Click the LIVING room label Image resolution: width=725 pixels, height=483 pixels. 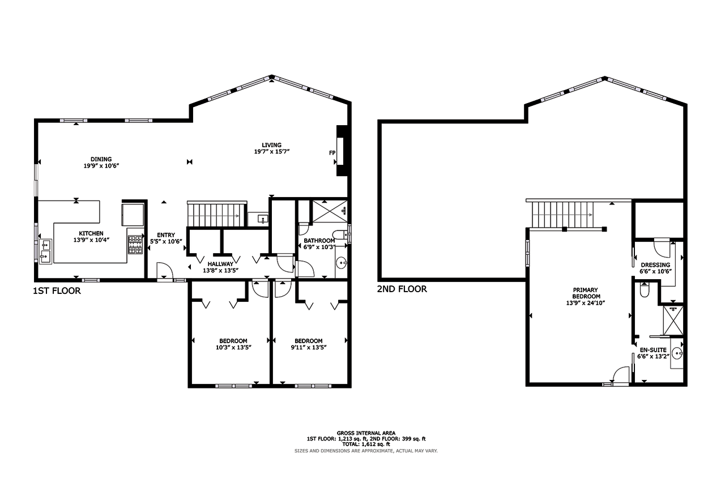click(271, 145)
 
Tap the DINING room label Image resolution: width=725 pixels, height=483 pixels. click(101, 159)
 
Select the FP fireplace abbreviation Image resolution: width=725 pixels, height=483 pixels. click(332, 153)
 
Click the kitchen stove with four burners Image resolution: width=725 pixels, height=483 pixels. click(135, 245)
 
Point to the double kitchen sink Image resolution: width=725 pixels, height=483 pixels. click(45, 251)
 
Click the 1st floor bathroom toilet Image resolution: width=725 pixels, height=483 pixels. click(340, 234)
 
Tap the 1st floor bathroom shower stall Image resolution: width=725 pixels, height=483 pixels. click(330, 211)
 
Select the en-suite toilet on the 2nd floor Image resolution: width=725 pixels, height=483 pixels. click(645, 290)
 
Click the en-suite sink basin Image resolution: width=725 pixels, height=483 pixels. click(677, 353)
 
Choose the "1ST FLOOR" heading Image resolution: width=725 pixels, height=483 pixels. click(57, 291)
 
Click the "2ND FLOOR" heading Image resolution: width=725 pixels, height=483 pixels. click(402, 289)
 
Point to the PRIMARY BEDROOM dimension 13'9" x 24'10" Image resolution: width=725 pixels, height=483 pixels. click(586, 303)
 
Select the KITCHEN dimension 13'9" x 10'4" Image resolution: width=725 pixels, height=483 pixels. click(91, 240)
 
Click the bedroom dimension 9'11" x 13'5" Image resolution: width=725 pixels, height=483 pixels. click(309, 348)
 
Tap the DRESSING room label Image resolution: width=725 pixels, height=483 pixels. click(656, 265)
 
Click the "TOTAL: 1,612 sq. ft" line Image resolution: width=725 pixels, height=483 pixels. click(366, 444)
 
